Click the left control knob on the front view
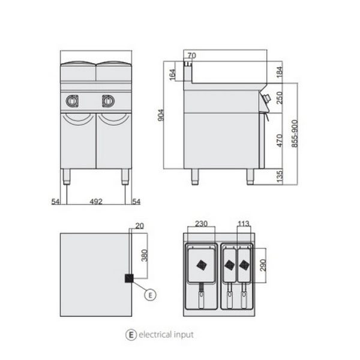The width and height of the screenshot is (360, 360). click(x=73, y=101)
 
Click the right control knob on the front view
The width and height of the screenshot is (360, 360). click(x=108, y=101)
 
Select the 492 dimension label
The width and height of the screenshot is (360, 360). click(x=96, y=202)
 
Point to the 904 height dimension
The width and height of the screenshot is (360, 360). click(x=161, y=115)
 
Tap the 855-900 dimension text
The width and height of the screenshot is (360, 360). click(x=295, y=134)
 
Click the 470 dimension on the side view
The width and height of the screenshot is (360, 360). click(x=280, y=140)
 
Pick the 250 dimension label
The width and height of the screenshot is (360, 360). click(x=280, y=98)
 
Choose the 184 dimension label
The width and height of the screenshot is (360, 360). click(x=280, y=72)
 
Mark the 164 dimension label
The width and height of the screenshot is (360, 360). click(x=172, y=74)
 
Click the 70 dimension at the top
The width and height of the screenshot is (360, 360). click(x=192, y=56)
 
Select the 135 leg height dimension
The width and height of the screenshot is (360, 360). click(x=280, y=176)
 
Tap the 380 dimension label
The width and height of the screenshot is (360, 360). click(x=145, y=256)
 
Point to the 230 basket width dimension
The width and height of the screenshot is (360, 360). click(x=202, y=223)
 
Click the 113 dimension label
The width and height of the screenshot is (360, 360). click(x=244, y=223)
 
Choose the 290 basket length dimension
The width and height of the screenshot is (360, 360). click(x=263, y=265)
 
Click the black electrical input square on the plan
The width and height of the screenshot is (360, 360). click(x=129, y=278)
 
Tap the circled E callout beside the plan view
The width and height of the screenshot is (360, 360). click(x=150, y=295)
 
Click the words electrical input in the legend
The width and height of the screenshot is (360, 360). click(x=166, y=335)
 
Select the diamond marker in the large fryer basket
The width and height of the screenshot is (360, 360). click(x=202, y=266)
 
